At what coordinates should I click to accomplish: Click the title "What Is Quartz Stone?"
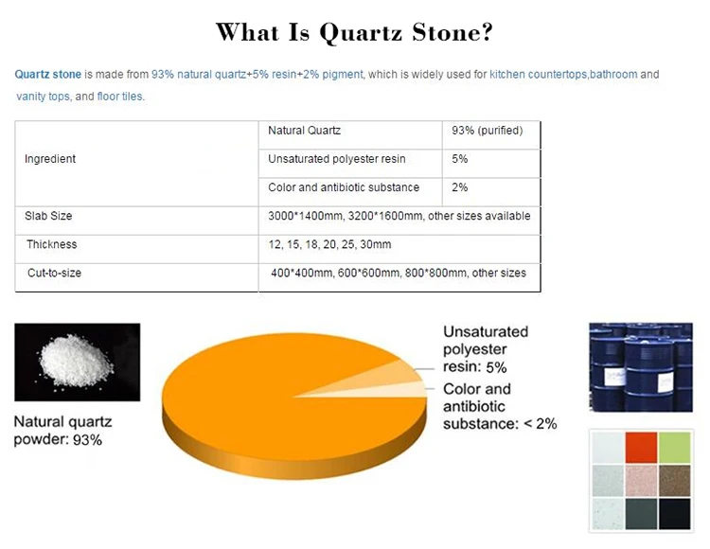354,32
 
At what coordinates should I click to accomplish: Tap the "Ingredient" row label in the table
50,159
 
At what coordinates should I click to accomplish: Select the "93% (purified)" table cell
488,131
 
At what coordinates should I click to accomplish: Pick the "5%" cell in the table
460,159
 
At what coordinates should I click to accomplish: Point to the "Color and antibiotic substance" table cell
344,187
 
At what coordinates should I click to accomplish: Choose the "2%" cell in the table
460,187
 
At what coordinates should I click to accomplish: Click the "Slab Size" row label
48,216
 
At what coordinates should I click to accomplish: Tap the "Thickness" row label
52,244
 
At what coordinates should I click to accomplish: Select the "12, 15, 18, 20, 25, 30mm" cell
329,244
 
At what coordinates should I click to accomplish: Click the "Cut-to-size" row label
55,273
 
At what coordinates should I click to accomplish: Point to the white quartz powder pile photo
78,362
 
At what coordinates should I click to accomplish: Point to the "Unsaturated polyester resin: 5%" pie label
486,348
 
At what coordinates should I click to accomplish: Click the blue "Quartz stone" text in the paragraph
48,74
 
